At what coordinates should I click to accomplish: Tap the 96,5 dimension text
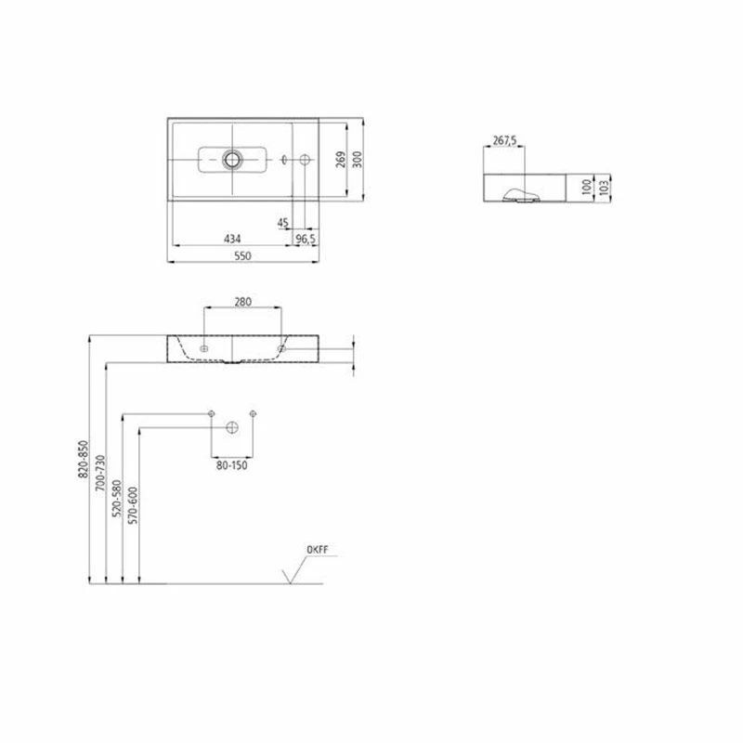[x=306, y=239]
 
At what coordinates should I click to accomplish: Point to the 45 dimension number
[x=283, y=223]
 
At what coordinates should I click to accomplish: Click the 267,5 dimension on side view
[x=503, y=141]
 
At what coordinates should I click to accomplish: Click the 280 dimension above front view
[x=243, y=301]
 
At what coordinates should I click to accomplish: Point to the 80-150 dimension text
[x=231, y=466]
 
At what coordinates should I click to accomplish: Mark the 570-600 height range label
[x=133, y=506]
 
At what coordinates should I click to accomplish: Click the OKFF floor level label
[x=318, y=550]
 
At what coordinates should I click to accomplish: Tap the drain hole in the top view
[x=230, y=160]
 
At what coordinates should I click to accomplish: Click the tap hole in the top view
[x=306, y=160]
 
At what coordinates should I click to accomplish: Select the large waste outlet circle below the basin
[x=231, y=428]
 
